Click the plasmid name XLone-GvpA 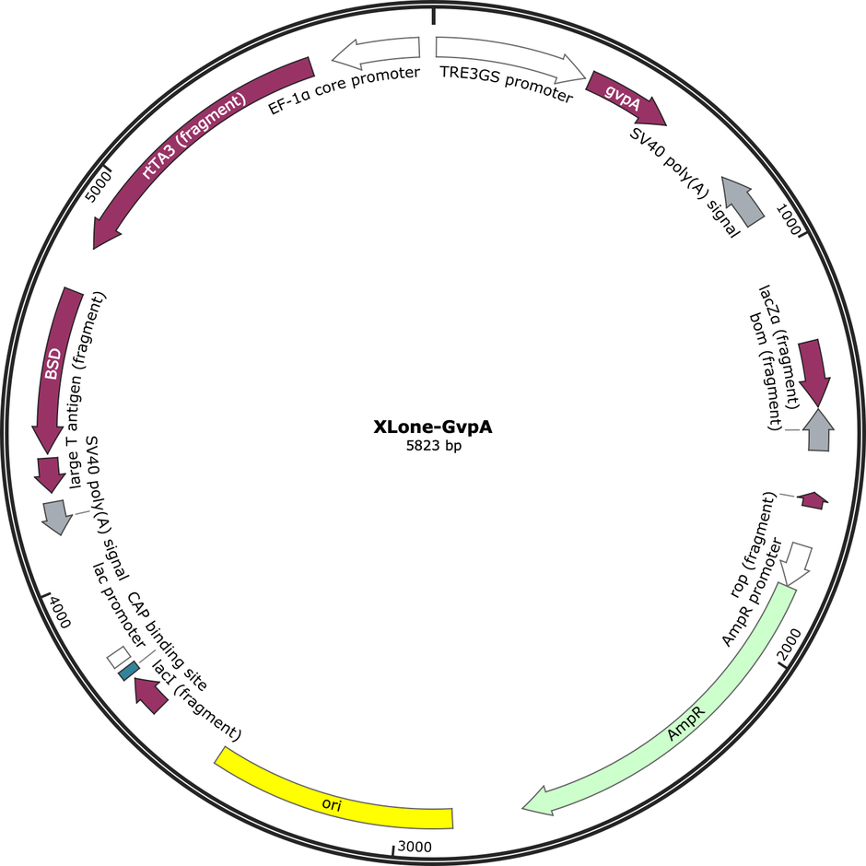pos(432,427)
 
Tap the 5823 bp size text pos(434,446)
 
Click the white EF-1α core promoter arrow pos(377,50)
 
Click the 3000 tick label pos(415,847)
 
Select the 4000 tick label pos(59,612)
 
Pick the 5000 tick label pos(99,186)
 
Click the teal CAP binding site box pos(129,671)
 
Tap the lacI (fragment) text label pos(196,700)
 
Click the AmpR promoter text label pos(753,592)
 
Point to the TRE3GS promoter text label pos(507,84)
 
